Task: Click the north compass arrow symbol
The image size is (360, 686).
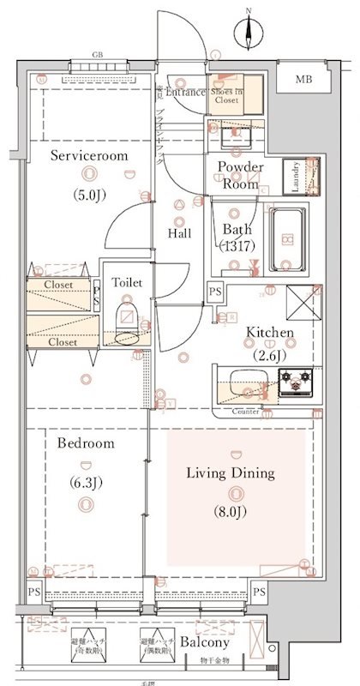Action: [249, 33]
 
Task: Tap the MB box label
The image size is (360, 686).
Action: [303, 80]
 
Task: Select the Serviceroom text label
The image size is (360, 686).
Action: [88, 156]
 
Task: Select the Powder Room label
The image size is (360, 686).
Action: [240, 175]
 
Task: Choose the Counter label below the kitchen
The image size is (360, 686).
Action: [246, 412]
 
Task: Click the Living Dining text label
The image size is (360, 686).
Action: [231, 472]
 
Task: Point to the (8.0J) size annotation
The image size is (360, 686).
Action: [231, 513]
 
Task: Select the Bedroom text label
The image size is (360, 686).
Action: [87, 443]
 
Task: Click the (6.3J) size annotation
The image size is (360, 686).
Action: [87, 483]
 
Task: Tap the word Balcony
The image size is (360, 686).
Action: [204, 642]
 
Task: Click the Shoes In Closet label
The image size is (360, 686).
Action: [227, 95]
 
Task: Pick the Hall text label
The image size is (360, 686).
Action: [179, 233]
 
